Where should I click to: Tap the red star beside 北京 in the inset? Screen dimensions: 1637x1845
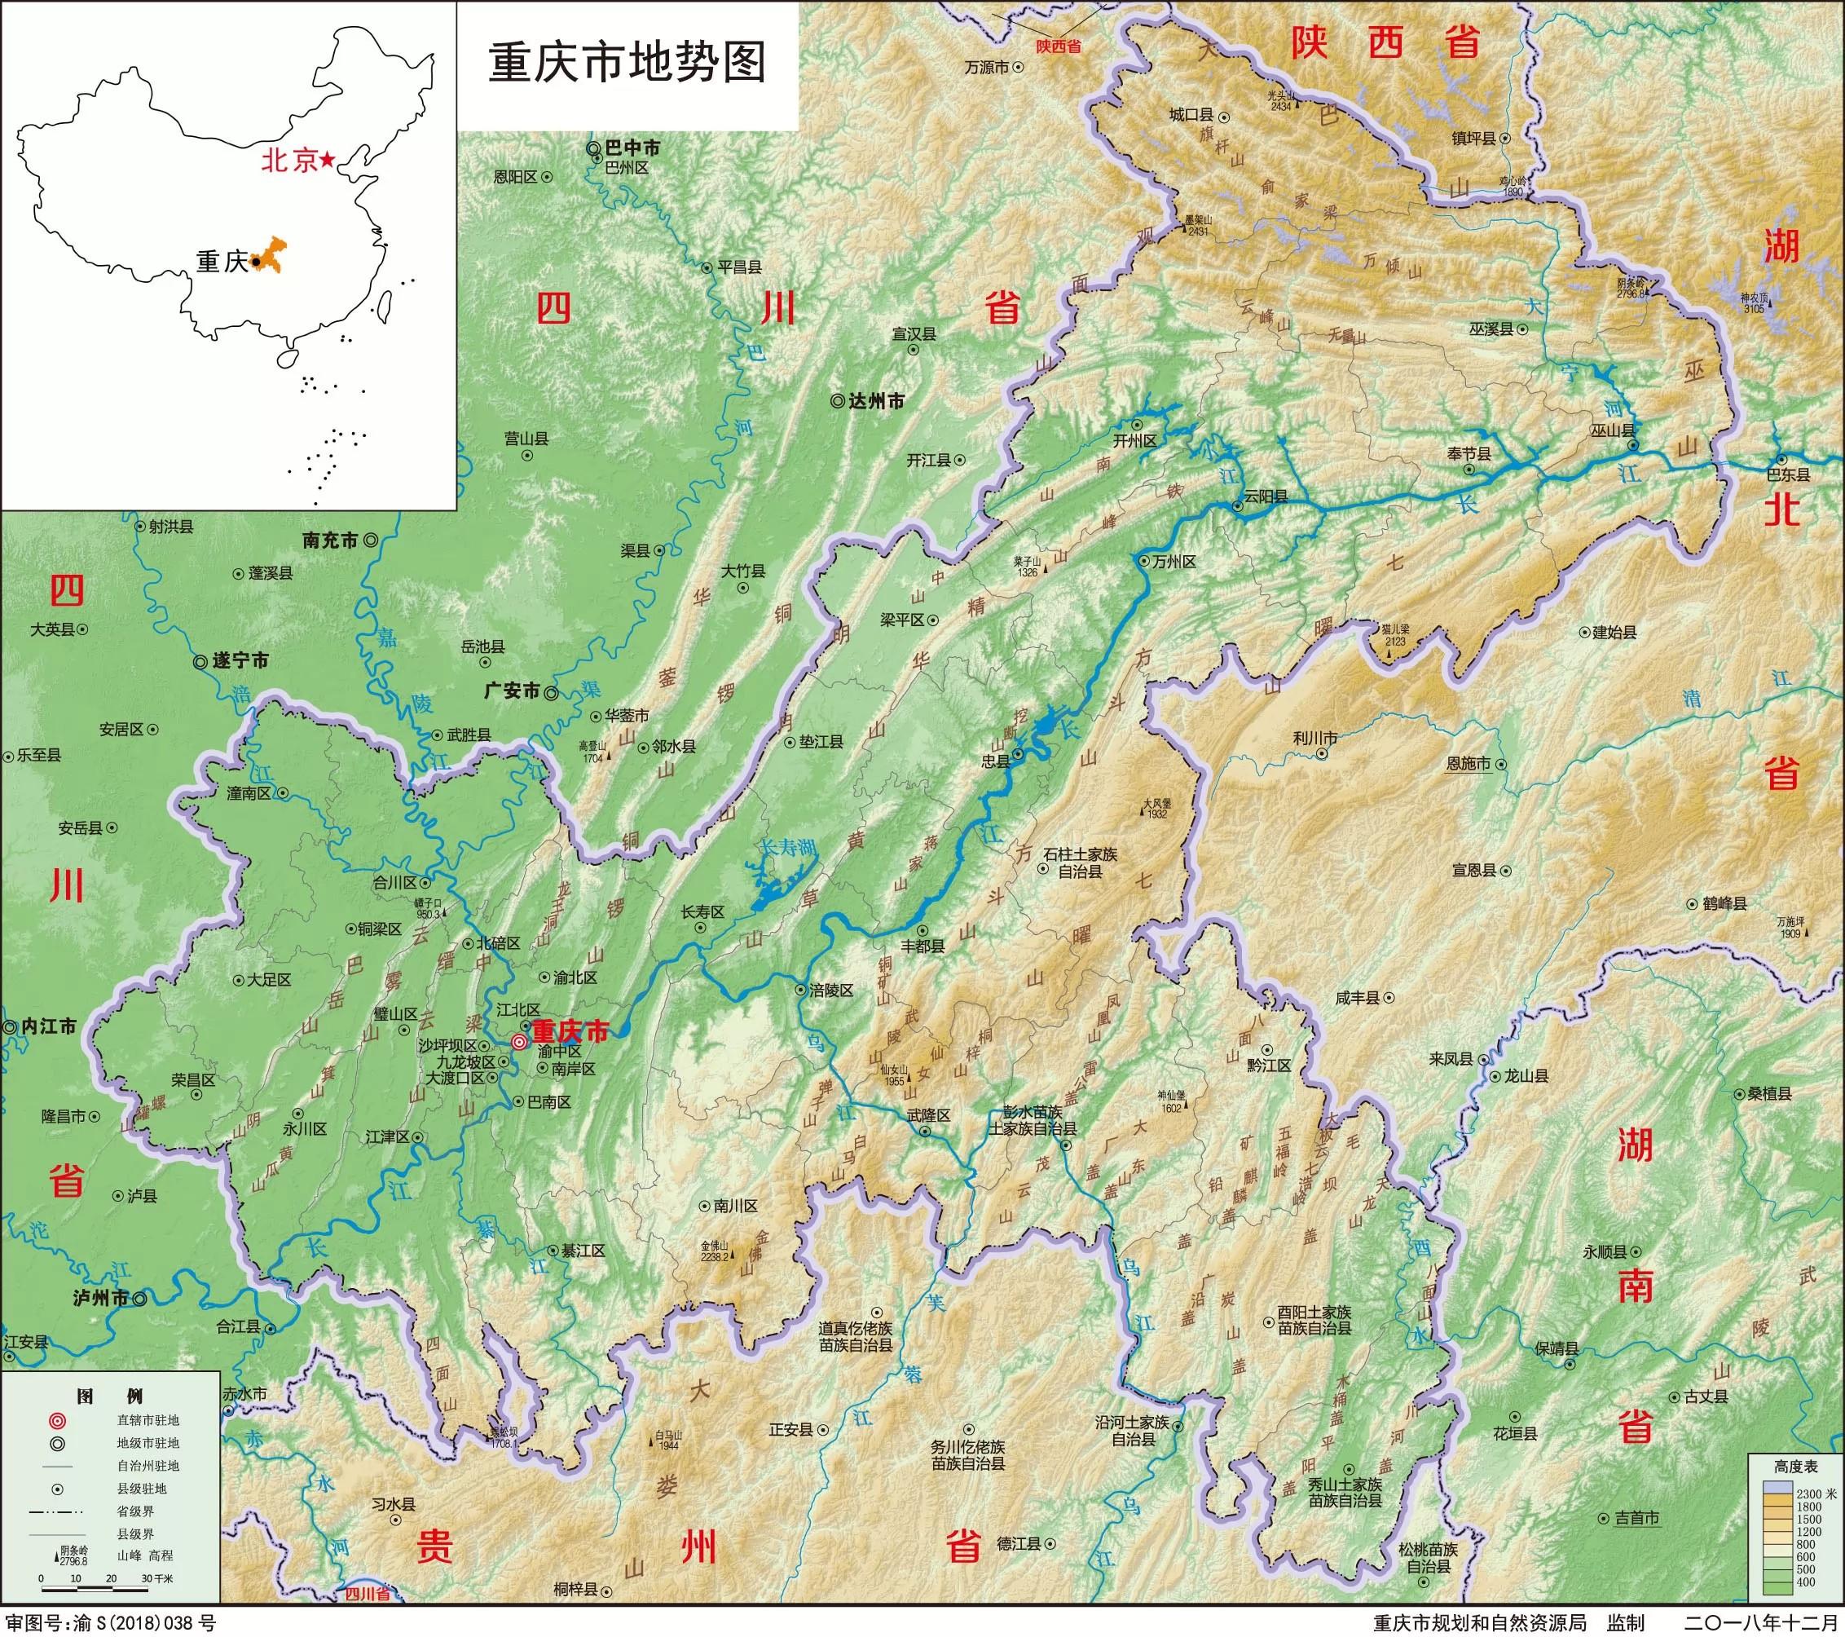coord(326,160)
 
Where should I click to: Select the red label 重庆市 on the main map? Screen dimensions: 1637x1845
coord(570,1031)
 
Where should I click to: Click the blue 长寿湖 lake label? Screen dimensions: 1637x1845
coord(786,848)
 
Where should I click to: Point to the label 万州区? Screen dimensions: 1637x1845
coord(1174,562)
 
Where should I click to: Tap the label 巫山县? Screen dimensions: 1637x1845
coord(1613,430)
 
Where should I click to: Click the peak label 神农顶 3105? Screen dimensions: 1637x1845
coord(1754,302)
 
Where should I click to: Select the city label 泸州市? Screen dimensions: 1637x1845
coord(101,1299)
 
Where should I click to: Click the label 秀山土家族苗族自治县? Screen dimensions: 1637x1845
coord(1345,1493)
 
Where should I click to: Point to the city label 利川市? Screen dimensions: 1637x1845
coord(1315,738)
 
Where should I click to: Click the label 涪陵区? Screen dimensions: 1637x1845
coord(830,991)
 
